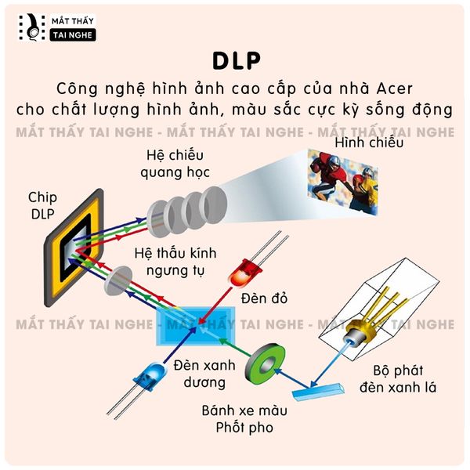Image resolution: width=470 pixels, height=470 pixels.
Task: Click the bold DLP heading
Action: (x=235, y=62)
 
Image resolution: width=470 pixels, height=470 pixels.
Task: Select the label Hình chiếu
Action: (x=368, y=143)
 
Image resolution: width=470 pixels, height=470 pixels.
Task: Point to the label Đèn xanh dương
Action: (x=201, y=374)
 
